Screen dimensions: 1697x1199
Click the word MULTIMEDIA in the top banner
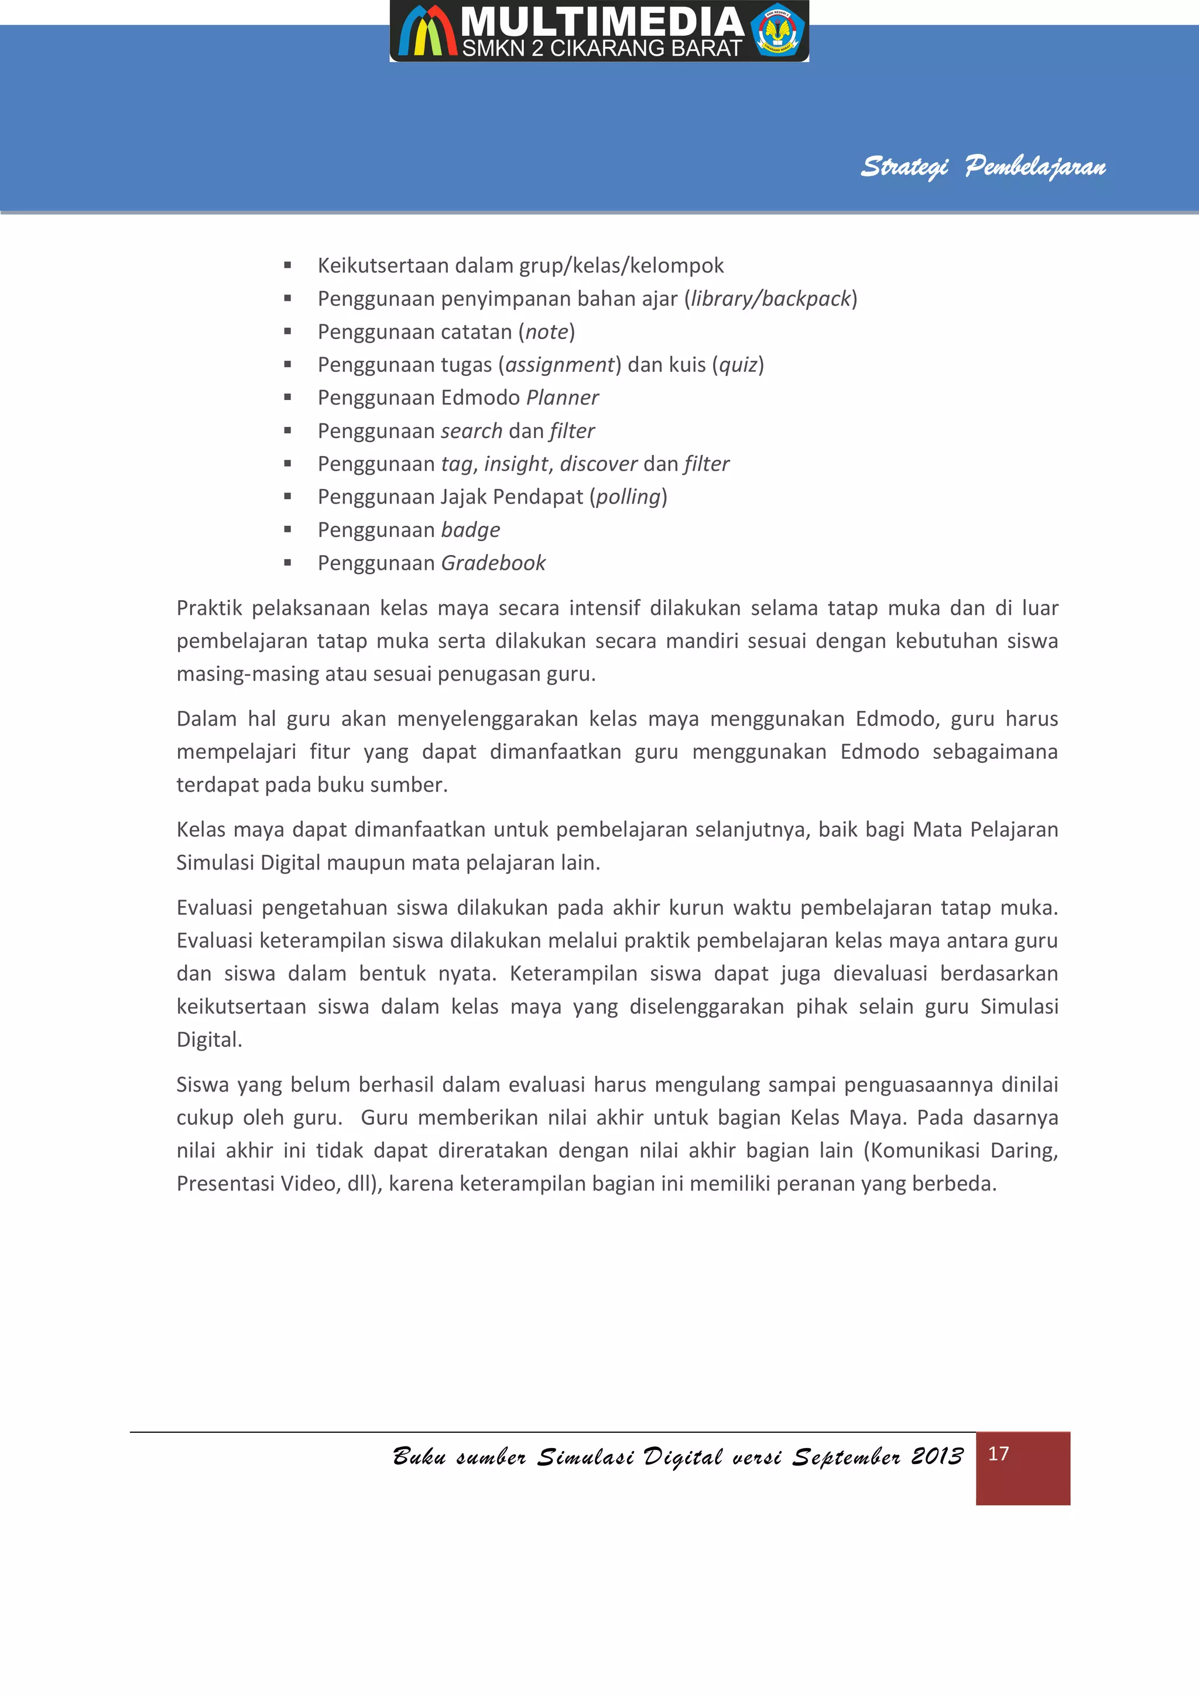(601, 22)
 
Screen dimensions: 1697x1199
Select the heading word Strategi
(905, 166)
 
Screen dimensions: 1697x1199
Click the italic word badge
(471, 530)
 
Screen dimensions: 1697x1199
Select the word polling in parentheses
(628, 497)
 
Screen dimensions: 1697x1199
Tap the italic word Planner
(562, 398)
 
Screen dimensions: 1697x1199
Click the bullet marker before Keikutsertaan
(287, 265)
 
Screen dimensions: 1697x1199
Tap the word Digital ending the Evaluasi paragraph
(208, 1039)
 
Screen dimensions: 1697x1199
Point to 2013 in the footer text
(937, 1456)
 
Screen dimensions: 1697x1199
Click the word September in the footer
(847, 1456)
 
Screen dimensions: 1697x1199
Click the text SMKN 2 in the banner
(502, 49)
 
